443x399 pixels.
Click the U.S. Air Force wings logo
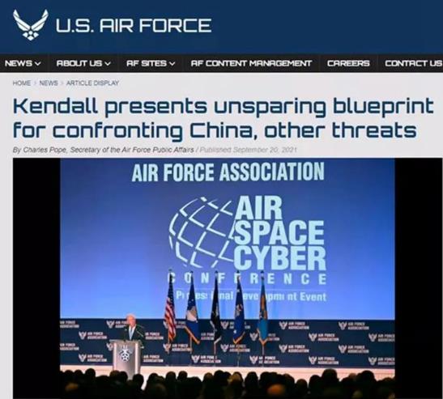tap(30, 24)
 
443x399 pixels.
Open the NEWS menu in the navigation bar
tap(23, 63)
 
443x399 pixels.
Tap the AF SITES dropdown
tap(151, 63)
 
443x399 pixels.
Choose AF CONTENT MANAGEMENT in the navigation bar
tap(251, 63)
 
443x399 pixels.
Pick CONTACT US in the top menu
tap(413, 63)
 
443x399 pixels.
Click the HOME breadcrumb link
tap(22, 83)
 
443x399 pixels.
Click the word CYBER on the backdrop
tap(279, 258)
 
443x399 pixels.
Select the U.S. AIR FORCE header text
tap(134, 25)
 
